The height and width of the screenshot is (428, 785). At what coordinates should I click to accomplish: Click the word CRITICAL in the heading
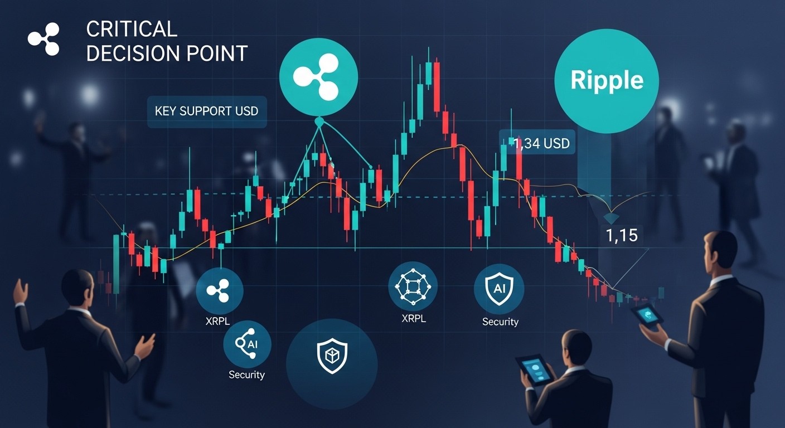[x=132, y=29]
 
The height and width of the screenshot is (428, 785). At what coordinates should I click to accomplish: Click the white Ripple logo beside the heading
[x=44, y=39]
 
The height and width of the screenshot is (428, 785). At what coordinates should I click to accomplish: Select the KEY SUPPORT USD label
[x=206, y=111]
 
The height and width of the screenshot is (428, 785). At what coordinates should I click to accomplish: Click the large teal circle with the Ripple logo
[x=318, y=77]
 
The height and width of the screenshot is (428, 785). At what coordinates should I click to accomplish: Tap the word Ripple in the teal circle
[x=607, y=80]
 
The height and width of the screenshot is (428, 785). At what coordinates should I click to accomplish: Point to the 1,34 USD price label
[x=541, y=143]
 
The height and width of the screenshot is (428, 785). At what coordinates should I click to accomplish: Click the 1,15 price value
[x=622, y=235]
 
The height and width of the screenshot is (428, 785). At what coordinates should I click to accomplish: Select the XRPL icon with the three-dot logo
[x=219, y=291]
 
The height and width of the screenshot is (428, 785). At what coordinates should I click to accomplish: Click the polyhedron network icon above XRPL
[x=413, y=286]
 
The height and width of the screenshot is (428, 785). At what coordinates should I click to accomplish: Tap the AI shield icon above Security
[x=499, y=289]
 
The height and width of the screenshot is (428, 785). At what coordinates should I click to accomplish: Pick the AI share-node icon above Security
[x=248, y=344]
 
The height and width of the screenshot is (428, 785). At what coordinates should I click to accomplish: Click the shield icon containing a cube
[x=332, y=356]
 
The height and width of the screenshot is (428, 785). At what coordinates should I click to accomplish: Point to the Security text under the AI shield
[x=500, y=322]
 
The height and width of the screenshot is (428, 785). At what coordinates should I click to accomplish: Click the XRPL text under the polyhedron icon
[x=414, y=318]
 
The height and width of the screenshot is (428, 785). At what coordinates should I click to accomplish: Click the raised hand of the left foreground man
[x=22, y=291]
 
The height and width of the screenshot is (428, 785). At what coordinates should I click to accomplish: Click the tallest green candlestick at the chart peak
[x=428, y=73]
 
